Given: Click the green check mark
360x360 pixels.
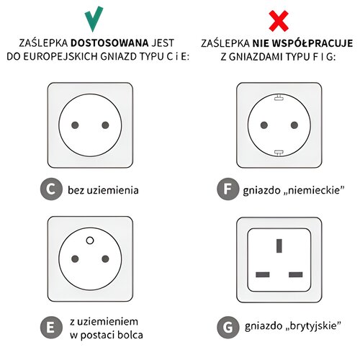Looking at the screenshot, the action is [x=93, y=19].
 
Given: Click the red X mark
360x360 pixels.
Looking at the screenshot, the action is [x=279, y=21].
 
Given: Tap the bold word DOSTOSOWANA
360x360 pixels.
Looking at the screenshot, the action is [x=109, y=43].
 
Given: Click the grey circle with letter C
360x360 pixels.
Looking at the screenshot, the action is [x=51, y=189].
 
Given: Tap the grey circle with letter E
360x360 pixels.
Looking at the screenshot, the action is [x=51, y=328].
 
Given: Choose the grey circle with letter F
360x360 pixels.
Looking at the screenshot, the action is [x=228, y=189].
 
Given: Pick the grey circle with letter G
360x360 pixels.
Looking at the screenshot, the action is [x=228, y=328].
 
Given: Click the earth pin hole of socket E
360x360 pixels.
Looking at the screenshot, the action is [x=90, y=240].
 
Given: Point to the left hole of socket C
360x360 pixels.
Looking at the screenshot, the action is [x=75, y=125].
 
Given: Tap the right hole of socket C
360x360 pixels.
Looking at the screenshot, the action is [x=105, y=125].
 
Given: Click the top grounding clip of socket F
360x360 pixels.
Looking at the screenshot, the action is [x=279, y=97].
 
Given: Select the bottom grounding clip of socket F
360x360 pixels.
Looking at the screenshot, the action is [x=279, y=153].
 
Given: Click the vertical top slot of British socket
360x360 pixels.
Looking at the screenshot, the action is [x=279, y=246].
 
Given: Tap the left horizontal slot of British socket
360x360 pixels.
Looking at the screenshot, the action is [x=263, y=274].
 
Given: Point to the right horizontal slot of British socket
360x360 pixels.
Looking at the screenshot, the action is [x=296, y=274].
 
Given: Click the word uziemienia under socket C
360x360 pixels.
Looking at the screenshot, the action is [x=112, y=190].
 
